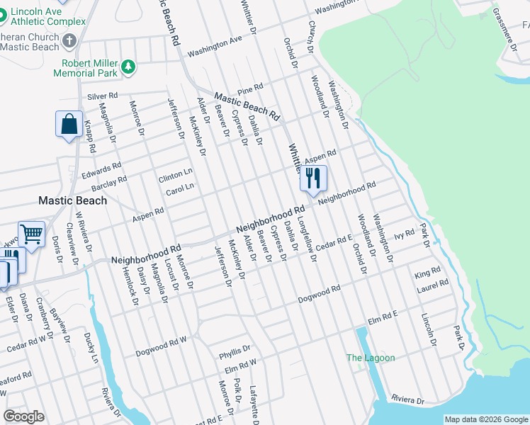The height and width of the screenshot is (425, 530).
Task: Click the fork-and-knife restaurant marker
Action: click(312, 178)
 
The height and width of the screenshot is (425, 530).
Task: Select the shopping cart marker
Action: click(31, 233)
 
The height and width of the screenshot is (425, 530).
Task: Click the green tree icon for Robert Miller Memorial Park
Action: click(128, 67)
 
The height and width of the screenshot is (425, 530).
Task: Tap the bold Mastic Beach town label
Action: click(72, 200)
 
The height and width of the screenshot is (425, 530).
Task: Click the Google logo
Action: click(24, 416)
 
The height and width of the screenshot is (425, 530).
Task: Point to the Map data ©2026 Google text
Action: click(485, 419)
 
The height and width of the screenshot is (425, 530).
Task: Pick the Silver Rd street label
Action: click(102, 96)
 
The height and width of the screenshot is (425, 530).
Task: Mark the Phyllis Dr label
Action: click(235, 349)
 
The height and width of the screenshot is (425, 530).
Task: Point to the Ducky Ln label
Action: click(91, 348)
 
